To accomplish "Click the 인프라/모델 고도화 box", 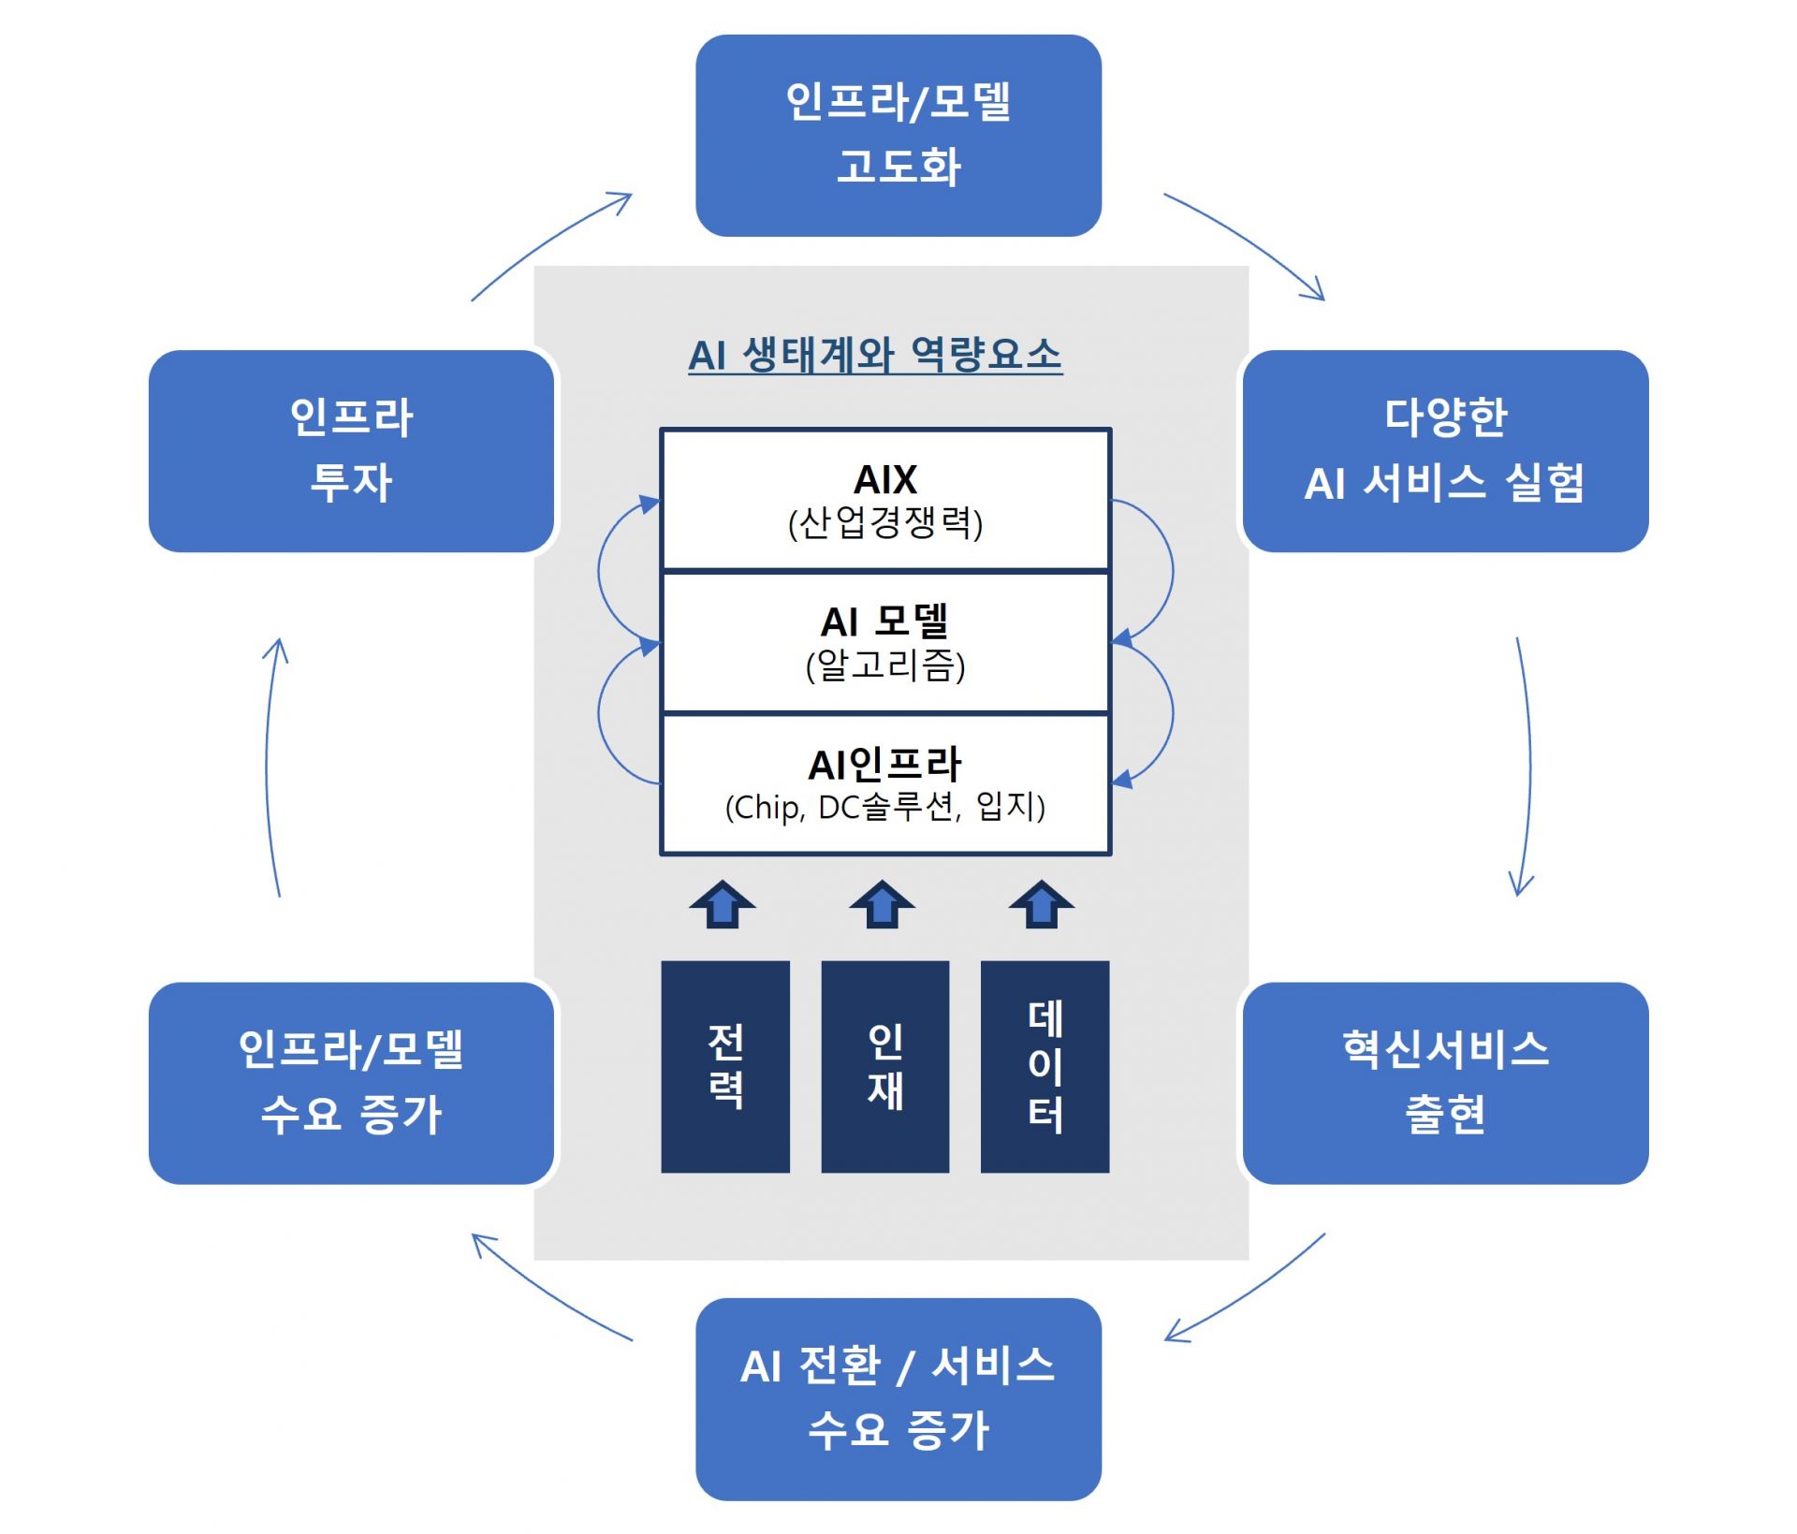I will [898, 136].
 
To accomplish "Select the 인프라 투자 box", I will [351, 451].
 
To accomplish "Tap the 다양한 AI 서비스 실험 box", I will [1444, 451].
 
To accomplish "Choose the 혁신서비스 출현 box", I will [1444, 1083].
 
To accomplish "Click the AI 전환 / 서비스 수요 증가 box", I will [898, 1398].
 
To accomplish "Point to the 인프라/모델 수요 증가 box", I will [351, 1083].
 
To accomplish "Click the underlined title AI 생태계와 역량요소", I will [874, 356].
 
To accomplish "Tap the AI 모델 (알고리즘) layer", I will [884, 643].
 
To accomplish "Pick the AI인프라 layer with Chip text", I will [884, 784].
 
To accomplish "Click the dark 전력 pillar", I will [724, 1066].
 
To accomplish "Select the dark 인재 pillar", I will [884, 1066].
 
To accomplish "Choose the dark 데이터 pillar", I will [1045, 1066].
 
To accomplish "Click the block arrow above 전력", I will [723, 904].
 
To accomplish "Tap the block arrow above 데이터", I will [1041, 904].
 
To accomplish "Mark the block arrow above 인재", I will [882, 904].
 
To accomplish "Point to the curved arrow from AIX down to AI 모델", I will [1171, 571].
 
